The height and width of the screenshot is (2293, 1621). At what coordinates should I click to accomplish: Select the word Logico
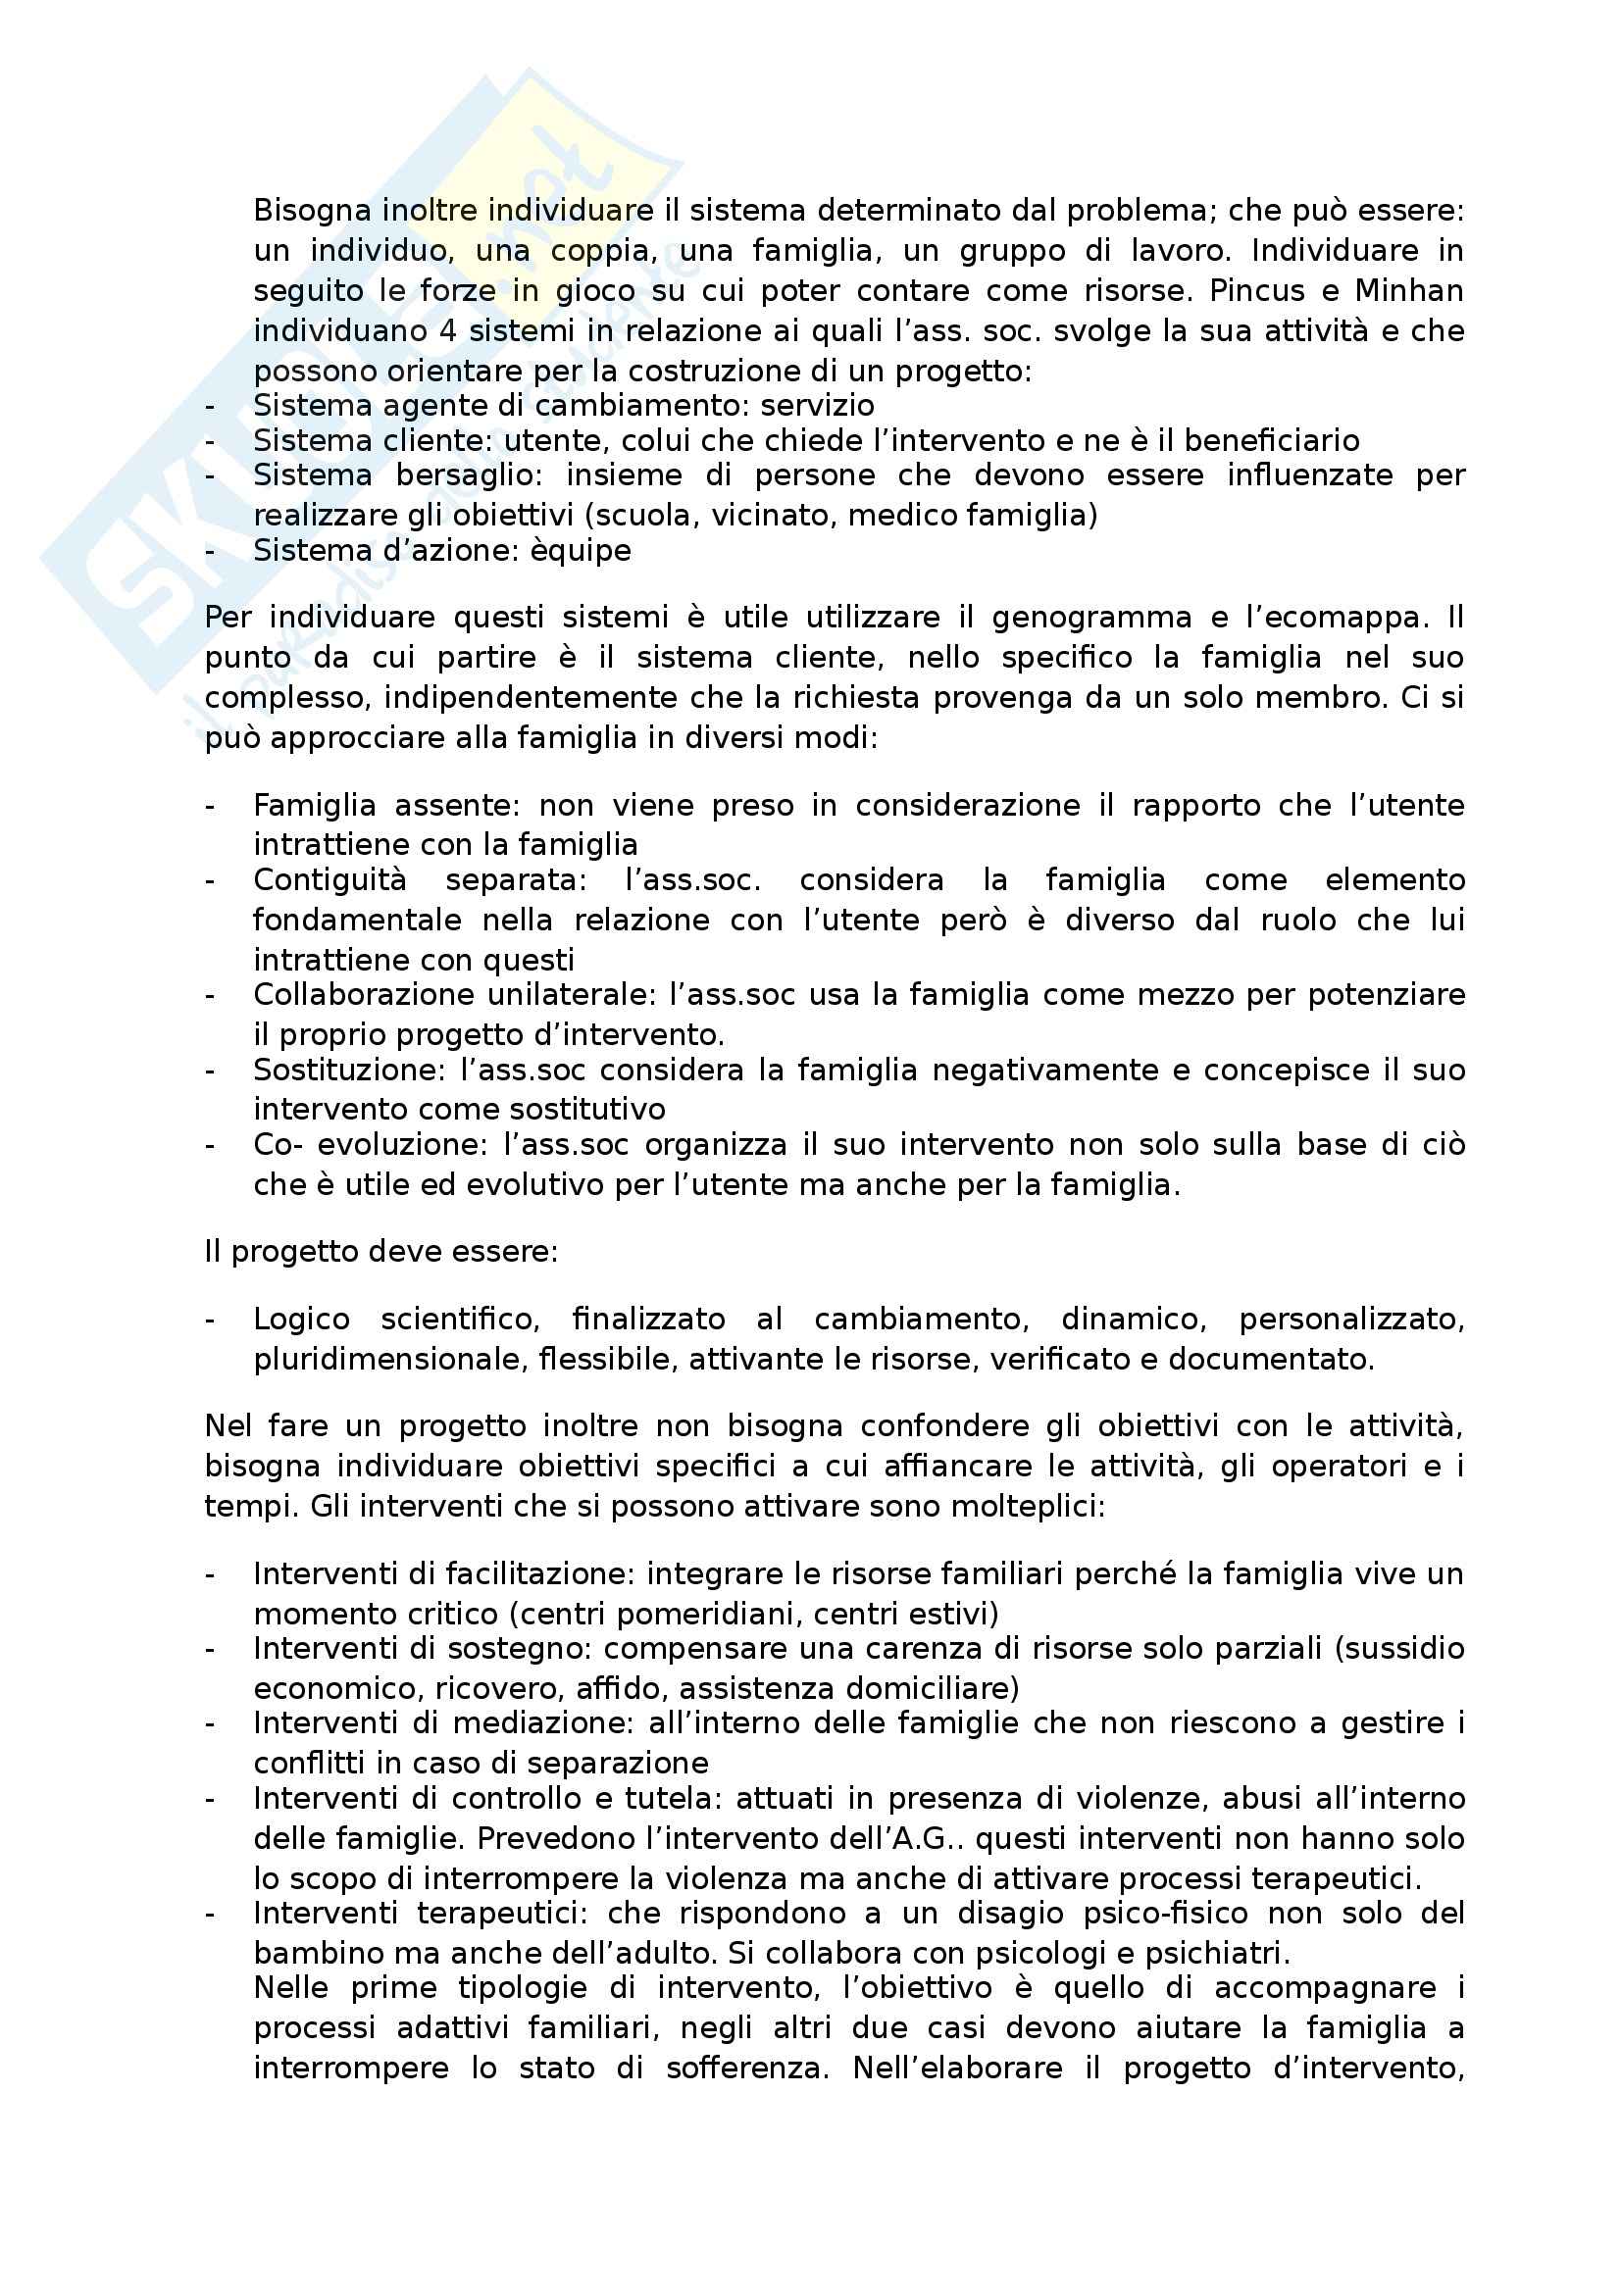tap(302, 1320)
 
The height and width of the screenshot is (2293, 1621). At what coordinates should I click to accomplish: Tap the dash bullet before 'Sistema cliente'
tap(210, 440)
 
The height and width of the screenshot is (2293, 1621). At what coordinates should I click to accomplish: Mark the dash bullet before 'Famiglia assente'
tap(210, 805)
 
